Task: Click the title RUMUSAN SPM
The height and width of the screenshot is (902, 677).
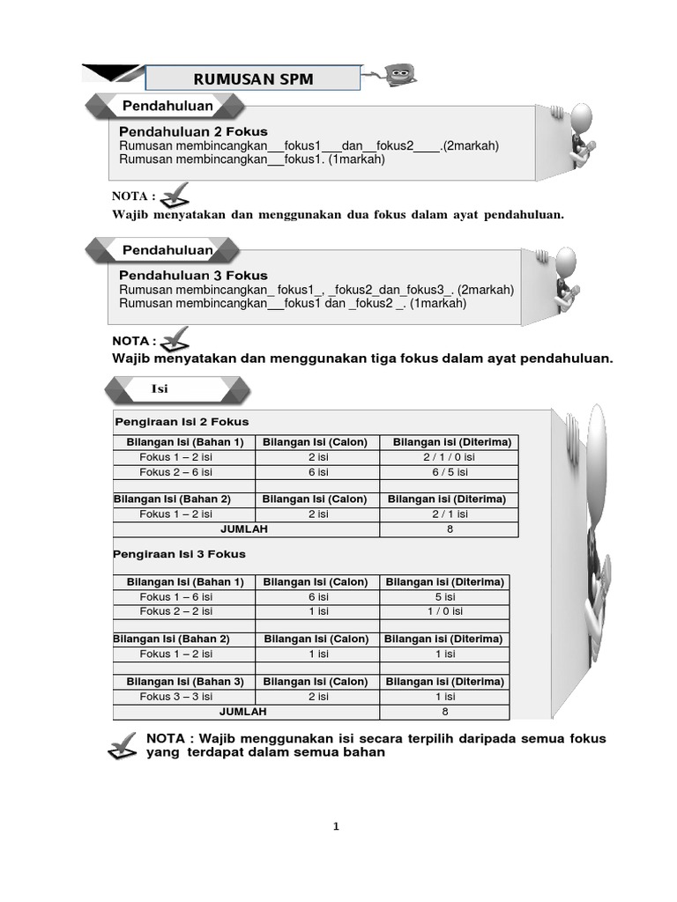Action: point(253,78)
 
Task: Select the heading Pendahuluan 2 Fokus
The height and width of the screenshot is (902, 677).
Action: point(193,131)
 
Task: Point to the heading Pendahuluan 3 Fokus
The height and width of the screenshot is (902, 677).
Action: point(193,275)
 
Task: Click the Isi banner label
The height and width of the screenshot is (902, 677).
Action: point(160,388)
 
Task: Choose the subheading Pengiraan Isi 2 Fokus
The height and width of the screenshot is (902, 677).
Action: point(182,421)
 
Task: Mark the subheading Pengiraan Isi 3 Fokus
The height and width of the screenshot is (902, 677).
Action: point(180,554)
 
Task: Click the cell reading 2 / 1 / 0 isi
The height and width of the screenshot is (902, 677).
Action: point(449,457)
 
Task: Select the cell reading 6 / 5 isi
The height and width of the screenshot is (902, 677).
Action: point(449,471)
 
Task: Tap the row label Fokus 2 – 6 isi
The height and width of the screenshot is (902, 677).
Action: point(176,471)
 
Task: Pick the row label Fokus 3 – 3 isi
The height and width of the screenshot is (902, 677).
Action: point(176,697)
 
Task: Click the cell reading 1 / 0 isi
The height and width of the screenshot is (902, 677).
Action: point(444,611)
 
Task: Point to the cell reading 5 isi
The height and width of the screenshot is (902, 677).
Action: point(444,597)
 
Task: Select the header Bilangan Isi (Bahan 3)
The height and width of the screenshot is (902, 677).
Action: point(184,682)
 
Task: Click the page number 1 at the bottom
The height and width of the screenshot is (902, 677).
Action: point(336,826)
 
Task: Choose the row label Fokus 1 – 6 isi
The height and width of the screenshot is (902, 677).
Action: point(176,597)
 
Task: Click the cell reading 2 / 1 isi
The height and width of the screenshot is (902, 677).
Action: point(449,514)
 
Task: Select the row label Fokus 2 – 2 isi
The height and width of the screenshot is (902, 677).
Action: point(176,611)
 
